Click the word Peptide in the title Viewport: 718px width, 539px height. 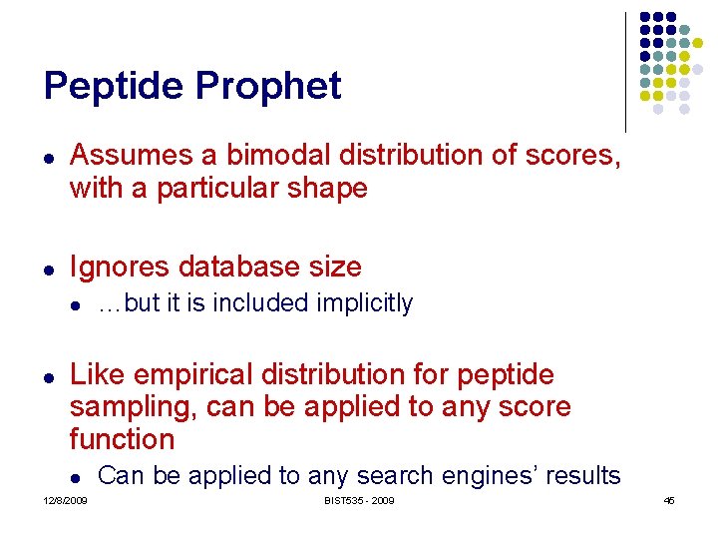[113, 87]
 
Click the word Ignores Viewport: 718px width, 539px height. [115, 267]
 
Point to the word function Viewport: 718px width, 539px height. [122, 438]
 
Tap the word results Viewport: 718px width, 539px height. [581, 476]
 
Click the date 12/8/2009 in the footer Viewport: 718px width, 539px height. [65, 500]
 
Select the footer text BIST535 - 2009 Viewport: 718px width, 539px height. [359, 500]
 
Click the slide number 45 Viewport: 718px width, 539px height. [669, 500]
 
